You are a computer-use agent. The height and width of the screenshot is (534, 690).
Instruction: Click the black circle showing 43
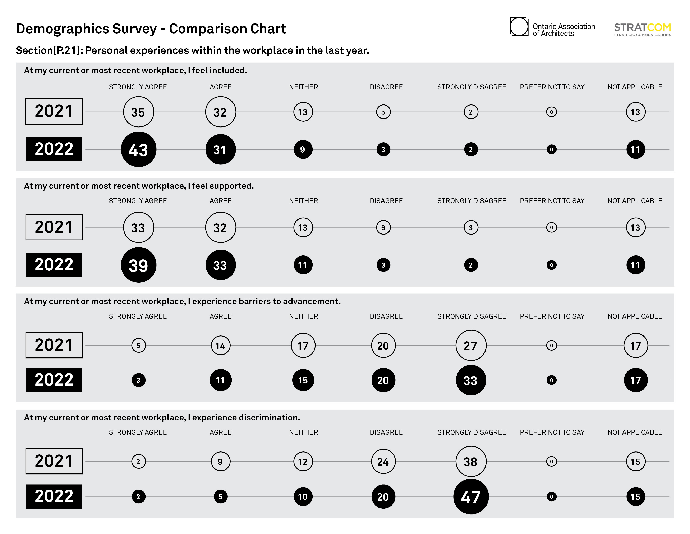click(138, 149)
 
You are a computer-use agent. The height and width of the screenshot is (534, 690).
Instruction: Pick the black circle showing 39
click(138, 265)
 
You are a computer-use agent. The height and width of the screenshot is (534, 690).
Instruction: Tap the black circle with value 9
click(303, 149)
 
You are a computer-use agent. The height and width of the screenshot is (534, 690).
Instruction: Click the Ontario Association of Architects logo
click(552, 27)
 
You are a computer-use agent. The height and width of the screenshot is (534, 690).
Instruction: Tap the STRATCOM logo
click(642, 29)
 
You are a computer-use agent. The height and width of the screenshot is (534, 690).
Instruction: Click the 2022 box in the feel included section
click(54, 149)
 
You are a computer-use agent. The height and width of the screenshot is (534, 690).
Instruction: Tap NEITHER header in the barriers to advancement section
click(303, 316)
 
